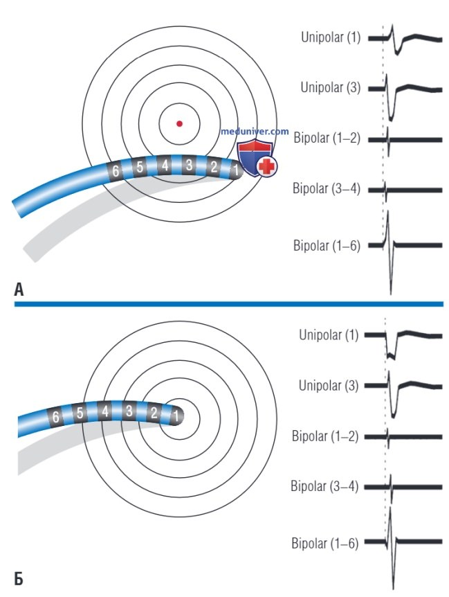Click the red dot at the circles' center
click(179, 123)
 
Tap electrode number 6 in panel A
click(115, 170)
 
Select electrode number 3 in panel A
click(189, 165)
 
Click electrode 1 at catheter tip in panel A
click(237, 169)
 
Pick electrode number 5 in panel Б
click(80, 413)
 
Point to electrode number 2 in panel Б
click(154, 413)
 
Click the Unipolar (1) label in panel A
click(331, 37)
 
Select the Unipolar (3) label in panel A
click(331, 87)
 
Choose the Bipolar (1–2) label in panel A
click(327, 138)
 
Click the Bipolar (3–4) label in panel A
click(327, 188)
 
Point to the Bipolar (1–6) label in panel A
click(327, 245)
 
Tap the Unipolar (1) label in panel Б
click(329, 335)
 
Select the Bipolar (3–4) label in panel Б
click(324, 485)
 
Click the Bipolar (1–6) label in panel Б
click(325, 543)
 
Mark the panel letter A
click(19, 289)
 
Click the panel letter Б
click(19, 579)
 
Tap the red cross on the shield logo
click(267, 167)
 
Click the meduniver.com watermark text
click(255, 132)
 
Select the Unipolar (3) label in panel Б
click(329, 385)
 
